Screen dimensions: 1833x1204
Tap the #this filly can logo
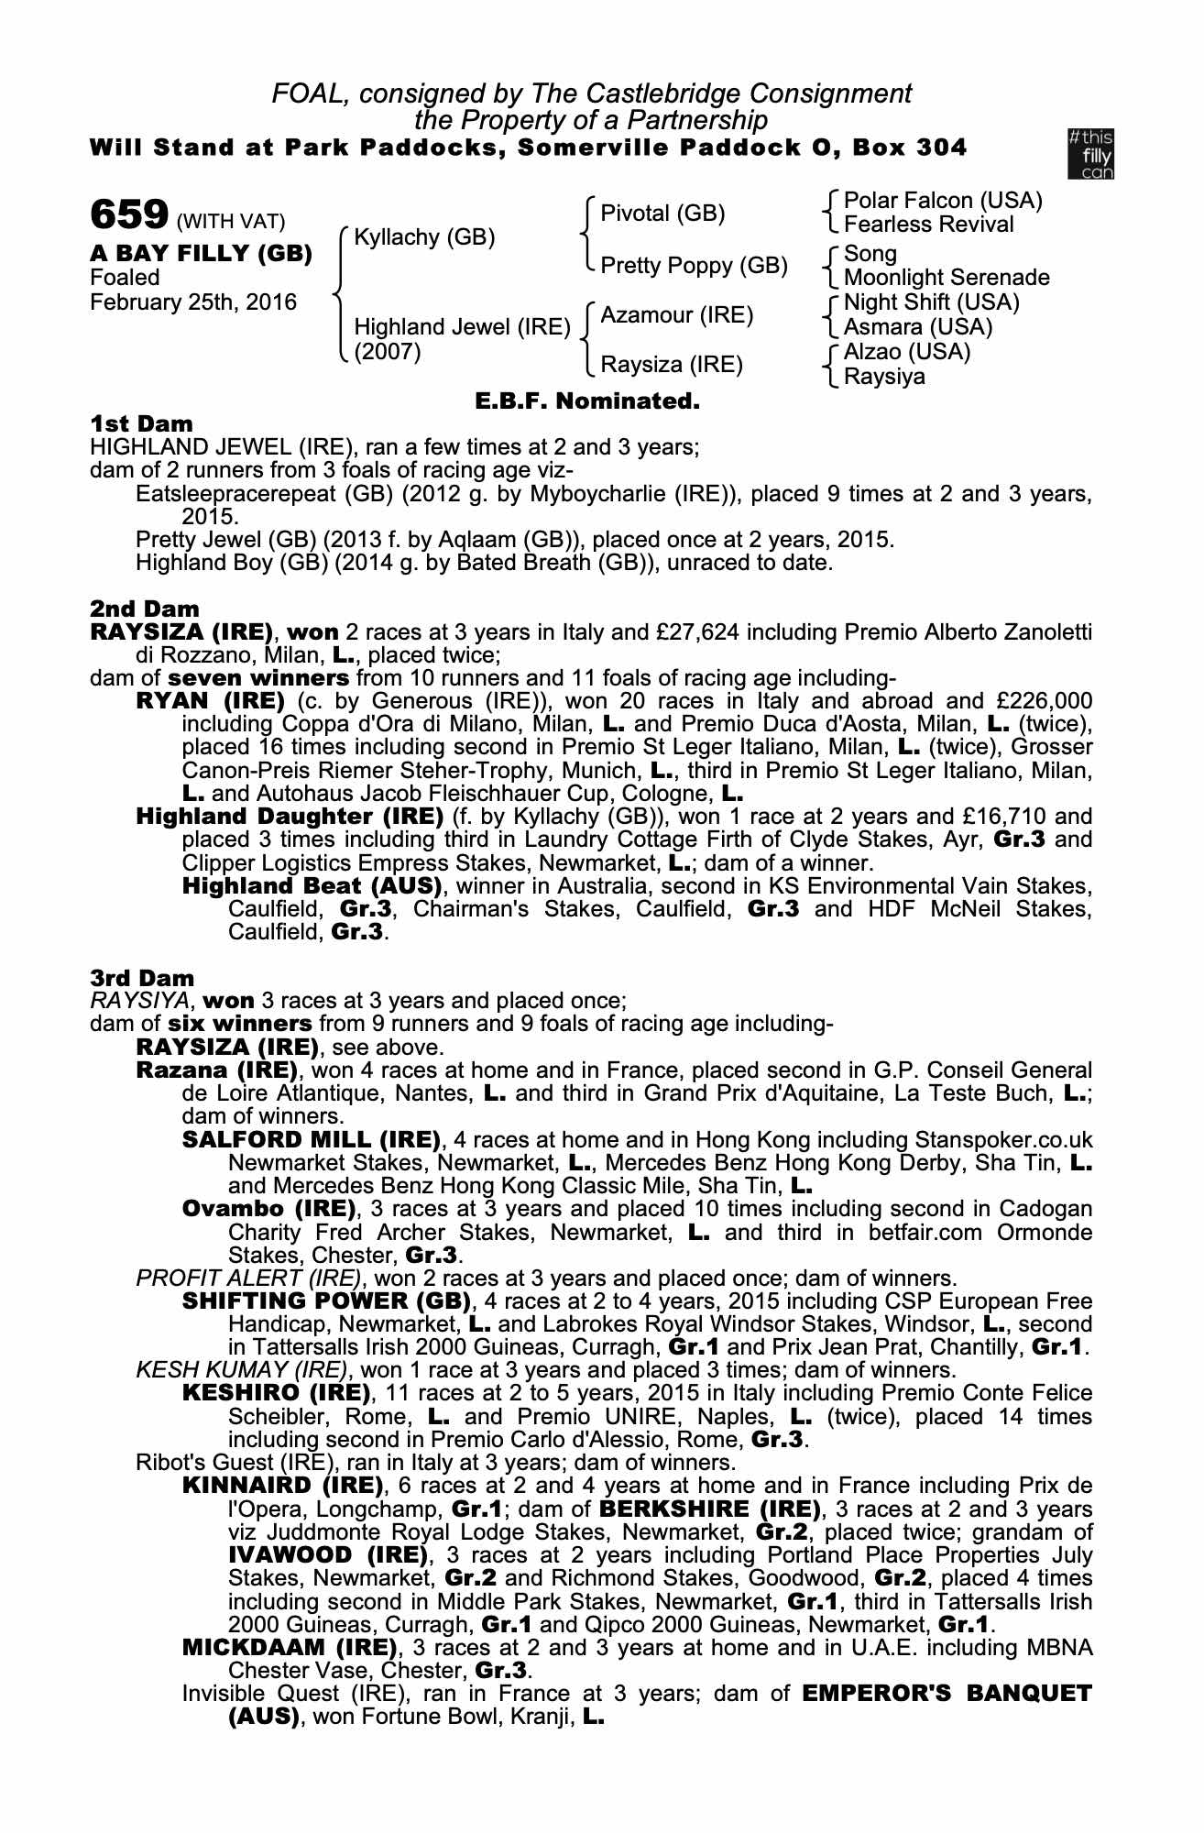coord(1090,154)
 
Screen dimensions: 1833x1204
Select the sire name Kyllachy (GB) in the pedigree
coord(424,237)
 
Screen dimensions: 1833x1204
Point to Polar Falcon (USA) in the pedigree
coord(943,201)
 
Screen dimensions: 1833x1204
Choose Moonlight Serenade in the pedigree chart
coord(947,278)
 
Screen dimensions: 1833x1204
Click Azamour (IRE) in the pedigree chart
coord(676,315)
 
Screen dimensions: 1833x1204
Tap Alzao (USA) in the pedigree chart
coord(906,352)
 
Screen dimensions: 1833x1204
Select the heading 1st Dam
coord(142,423)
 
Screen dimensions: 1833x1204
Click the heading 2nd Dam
coord(144,609)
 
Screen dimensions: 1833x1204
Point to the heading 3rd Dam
coord(143,978)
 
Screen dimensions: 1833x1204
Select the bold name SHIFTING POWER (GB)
coord(326,1301)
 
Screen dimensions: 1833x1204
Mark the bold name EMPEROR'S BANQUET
coord(947,1693)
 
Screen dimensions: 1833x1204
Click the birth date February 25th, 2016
coord(193,302)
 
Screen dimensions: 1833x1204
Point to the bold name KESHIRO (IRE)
coord(277,1393)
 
